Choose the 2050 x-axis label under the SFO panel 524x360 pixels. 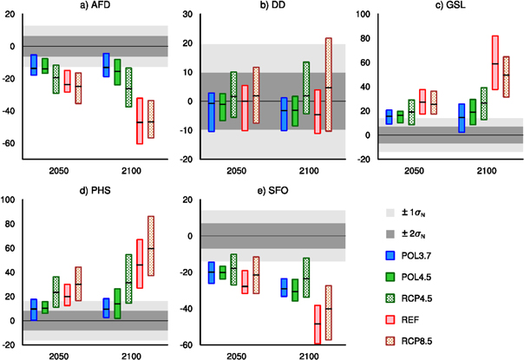(236, 356)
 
